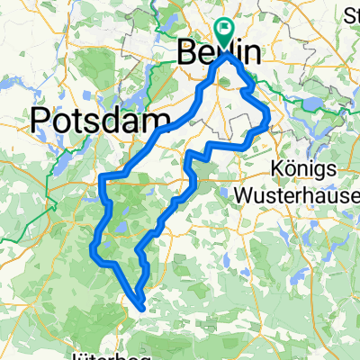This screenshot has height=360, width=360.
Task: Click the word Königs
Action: click(x=304, y=168)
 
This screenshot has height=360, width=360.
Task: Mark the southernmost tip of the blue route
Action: click(x=141, y=306)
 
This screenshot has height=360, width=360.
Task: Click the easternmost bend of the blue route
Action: click(x=269, y=116)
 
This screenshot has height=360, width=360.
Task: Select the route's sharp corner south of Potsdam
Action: click(x=102, y=176)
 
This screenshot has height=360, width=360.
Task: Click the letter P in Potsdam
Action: click(x=41, y=120)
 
